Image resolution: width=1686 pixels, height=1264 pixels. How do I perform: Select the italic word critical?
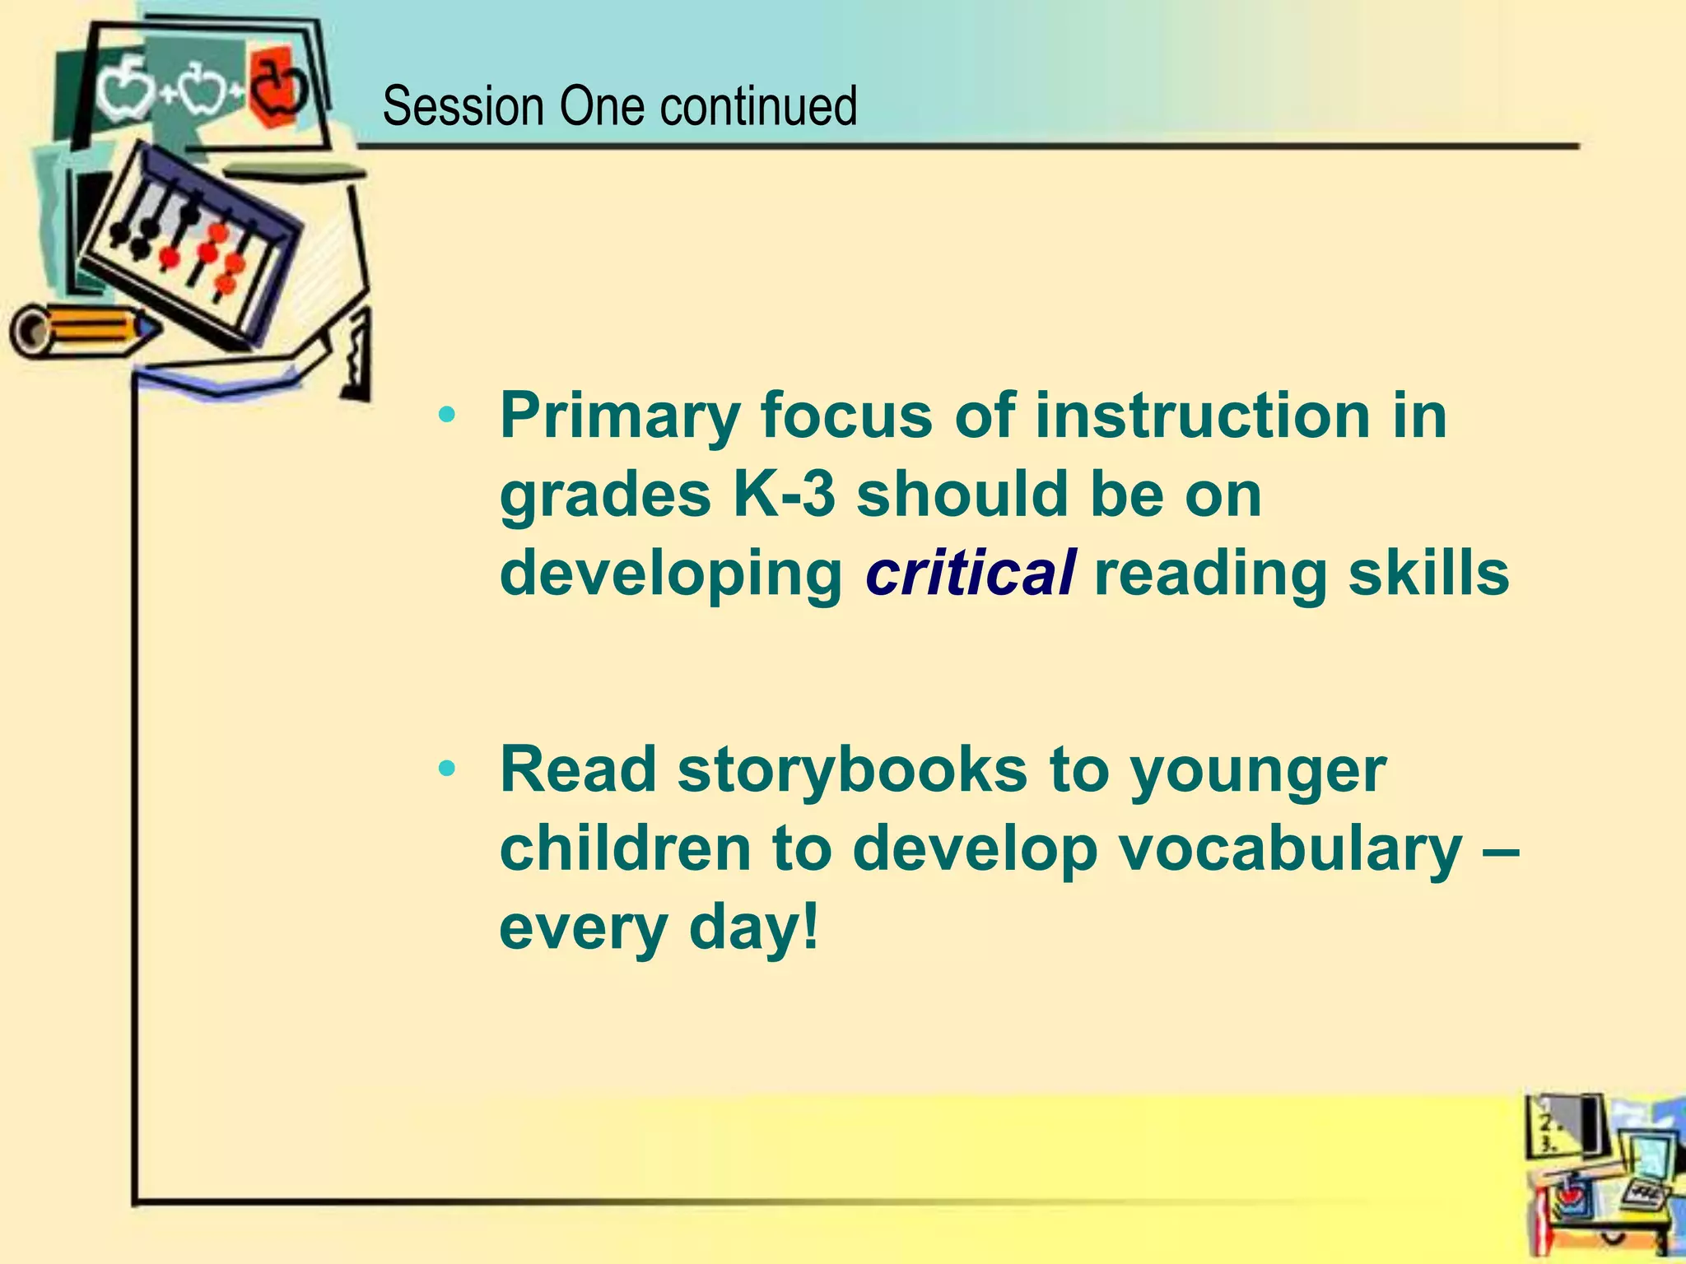click(x=970, y=574)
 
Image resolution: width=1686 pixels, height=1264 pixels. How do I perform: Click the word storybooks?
click(x=852, y=770)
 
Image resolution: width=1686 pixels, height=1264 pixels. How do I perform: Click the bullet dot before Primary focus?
click(x=447, y=415)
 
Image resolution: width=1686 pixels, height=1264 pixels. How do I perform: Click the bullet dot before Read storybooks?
click(x=447, y=769)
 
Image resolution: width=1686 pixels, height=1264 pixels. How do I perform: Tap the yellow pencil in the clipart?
click(x=82, y=329)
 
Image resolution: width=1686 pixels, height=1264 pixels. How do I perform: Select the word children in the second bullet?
click(x=625, y=848)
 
